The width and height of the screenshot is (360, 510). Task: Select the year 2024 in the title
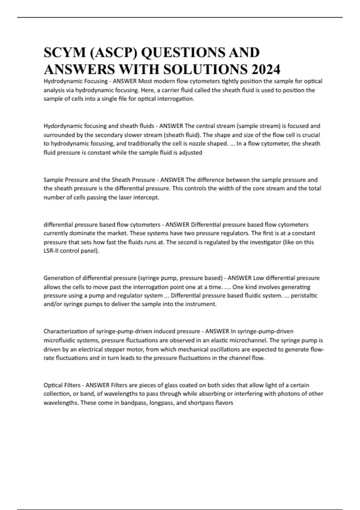coord(266,70)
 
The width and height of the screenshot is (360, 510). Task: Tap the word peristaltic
coord(304,295)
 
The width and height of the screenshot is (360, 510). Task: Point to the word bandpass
coord(133,403)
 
